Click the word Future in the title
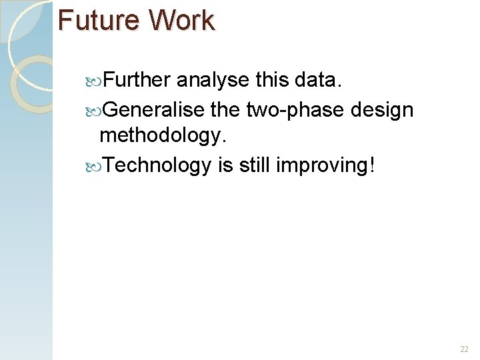tap(97, 20)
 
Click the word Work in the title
tap(181, 20)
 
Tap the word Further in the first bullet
tap(137, 80)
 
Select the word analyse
tap(213, 81)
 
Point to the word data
tap(317, 80)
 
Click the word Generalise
tap(157, 109)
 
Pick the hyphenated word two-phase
tap(303, 109)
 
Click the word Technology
tap(157, 165)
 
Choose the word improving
tap(320, 165)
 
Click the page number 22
tap(464, 349)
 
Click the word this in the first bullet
tap(271, 80)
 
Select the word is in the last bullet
tap(225, 165)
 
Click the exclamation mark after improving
tap(371, 165)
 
